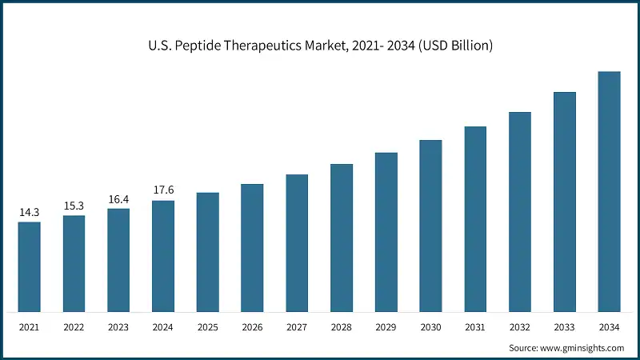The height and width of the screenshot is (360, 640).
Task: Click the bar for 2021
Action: coord(29,266)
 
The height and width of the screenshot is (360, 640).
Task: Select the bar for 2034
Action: coord(609,191)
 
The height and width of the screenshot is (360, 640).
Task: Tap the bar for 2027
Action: coord(297,242)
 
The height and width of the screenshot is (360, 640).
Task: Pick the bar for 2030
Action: coord(430,226)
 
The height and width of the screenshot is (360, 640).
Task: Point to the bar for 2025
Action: coord(207,252)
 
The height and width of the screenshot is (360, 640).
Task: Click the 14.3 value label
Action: coord(29,213)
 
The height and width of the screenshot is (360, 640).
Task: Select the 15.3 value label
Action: coord(74,206)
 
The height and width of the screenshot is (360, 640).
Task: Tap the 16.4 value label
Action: coord(118,199)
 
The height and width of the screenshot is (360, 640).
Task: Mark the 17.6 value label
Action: coord(163,190)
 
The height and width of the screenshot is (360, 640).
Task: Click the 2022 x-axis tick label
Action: coord(74,327)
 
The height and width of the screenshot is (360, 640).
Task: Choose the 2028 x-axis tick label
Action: coord(342,327)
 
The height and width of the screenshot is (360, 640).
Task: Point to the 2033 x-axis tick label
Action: coord(565,327)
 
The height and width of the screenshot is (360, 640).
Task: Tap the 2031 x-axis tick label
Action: coord(475,327)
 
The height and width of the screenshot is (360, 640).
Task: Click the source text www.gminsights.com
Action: coord(583,348)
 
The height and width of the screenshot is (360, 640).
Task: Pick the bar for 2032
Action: coord(520,211)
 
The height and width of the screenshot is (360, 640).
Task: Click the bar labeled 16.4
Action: coord(118,260)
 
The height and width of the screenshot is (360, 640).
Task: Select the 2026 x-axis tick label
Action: coord(252,327)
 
